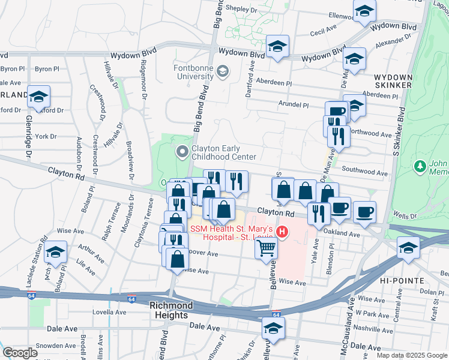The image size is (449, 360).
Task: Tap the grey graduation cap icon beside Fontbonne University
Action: click(223, 73)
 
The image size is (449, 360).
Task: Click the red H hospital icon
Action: click(282, 230)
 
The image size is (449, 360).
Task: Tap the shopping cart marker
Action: click(267, 247)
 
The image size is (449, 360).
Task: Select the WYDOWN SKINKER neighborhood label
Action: click(393, 82)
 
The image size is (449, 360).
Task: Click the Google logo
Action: click(20, 353)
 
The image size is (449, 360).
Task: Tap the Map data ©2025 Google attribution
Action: click(411, 355)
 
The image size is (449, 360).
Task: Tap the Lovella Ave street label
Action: click(110, 313)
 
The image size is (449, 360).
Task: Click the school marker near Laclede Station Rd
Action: click(55, 253)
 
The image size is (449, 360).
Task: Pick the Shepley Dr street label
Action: click(241, 10)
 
